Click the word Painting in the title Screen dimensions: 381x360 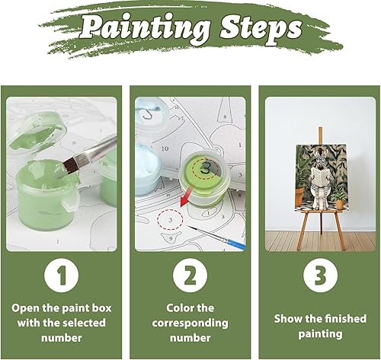146,29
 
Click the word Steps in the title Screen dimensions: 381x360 261,30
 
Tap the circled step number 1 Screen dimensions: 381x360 62,276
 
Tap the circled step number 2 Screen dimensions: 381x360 190,276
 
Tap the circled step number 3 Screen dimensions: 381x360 321,276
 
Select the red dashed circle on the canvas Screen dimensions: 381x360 170,220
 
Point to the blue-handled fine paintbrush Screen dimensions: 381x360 216,237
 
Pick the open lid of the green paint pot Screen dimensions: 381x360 38,135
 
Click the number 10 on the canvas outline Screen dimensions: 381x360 165,148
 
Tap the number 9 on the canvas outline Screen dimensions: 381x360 171,238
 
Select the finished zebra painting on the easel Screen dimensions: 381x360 321,178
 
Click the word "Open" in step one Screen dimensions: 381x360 25,308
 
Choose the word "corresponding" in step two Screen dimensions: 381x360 190,323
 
